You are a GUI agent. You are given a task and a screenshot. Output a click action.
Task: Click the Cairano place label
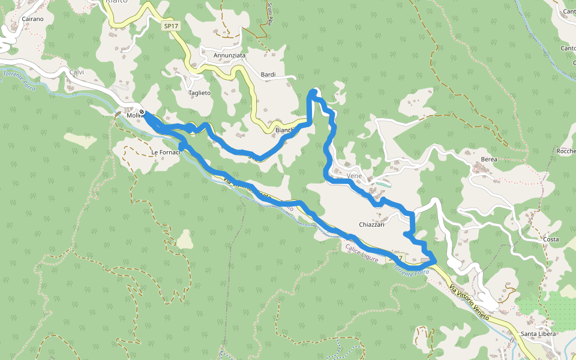click(32, 19)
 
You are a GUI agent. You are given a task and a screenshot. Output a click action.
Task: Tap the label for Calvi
click(77, 72)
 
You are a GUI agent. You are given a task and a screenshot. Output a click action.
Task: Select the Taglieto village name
click(200, 93)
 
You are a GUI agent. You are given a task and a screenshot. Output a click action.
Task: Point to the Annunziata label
click(229, 56)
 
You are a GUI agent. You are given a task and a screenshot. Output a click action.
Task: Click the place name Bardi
click(268, 74)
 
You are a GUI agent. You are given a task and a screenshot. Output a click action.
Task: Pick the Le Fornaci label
click(166, 152)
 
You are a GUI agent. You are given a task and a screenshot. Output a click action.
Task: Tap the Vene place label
click(355, 176)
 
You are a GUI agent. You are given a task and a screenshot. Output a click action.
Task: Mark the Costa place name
click(550, 239)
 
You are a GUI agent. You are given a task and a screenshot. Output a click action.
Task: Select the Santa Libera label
click(538, 334)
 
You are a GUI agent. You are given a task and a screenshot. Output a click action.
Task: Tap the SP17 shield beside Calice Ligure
click(394, 258)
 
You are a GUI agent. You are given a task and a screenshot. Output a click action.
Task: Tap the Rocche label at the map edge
click(567, 151)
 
